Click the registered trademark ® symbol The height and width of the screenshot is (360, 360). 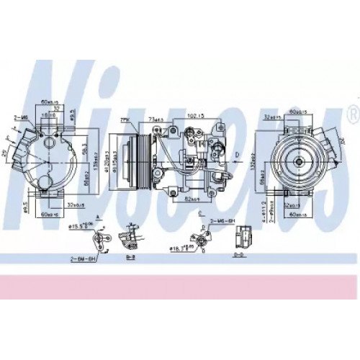352,112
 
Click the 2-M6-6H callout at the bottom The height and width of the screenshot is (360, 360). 220,218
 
